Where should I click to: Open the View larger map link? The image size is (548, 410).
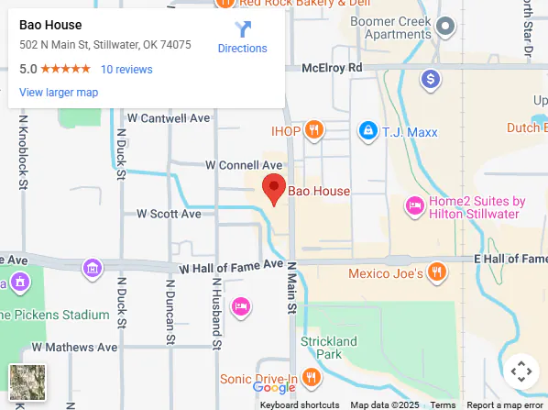tap(59, 93)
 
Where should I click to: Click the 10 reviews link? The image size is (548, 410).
tap(126, 69)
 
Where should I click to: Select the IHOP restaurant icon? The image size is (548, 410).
tap(314, 130)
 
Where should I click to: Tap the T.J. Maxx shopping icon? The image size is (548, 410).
tap(367, 130)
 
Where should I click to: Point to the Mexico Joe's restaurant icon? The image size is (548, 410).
tap(437, 272)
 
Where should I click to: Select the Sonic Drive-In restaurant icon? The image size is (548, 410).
tap(312, 377)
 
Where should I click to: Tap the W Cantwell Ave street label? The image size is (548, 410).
tap(169, 118)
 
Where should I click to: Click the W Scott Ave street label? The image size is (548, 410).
tap(169, 214)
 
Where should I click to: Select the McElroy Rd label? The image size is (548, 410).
tap(336, 68)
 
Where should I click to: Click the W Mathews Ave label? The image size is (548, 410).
tap(74, 348)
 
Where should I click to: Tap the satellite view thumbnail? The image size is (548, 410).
tap(27, 382)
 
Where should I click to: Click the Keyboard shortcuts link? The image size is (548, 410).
tap(300, 404)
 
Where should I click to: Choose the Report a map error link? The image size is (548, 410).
tap(505, 404)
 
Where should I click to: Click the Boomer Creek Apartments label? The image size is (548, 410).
tap(390, 27)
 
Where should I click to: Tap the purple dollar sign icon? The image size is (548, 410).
tap(430, 81)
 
